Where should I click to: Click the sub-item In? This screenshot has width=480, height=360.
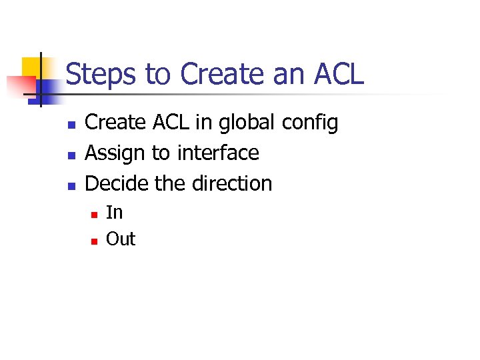[x=114, y=213]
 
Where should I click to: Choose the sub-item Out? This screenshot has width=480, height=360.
[x=121, y=239]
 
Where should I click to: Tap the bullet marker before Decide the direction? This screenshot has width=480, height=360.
[x=70, y=185]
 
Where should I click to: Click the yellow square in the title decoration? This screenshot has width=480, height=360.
[x=33, y=67]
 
